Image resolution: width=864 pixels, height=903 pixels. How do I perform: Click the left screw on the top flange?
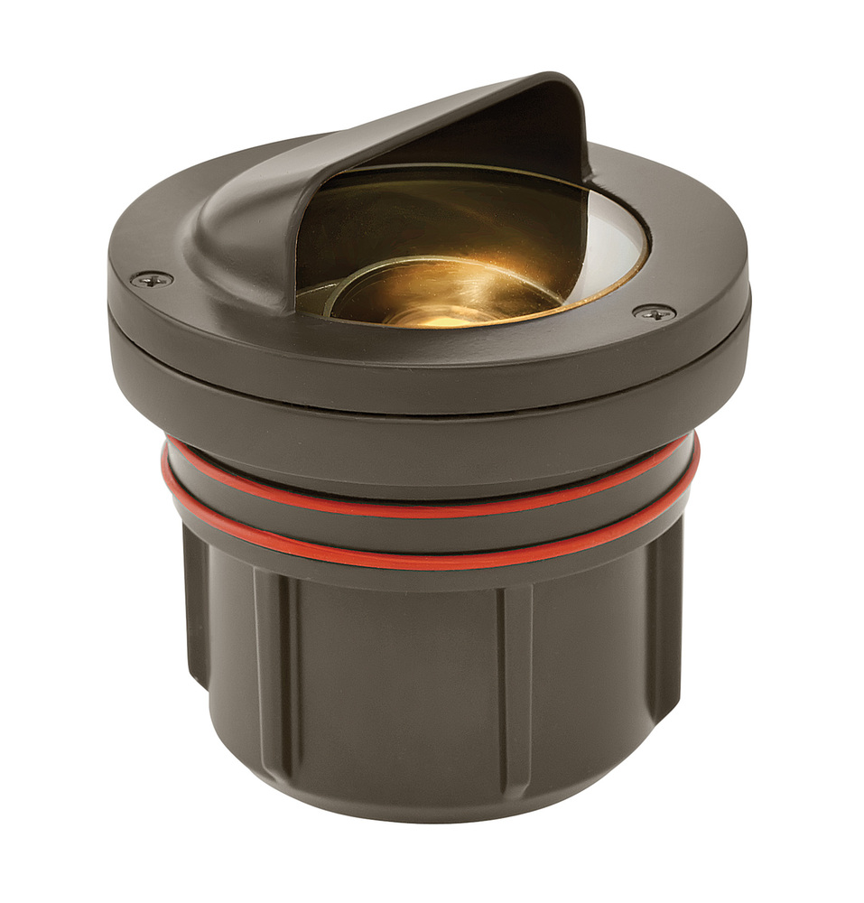[x=152, y=279]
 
